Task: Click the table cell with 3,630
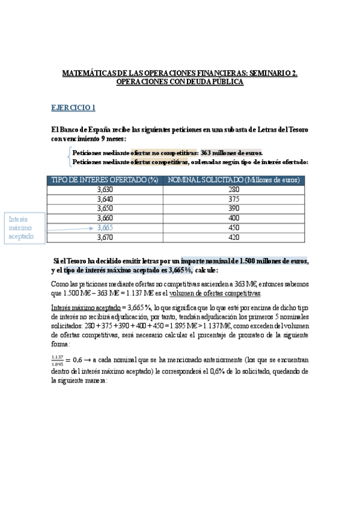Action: [105, 189]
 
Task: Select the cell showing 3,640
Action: [105, 199]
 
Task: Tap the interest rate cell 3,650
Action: [105, 209]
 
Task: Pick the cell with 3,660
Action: [105, 218]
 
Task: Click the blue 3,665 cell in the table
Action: [105, 228]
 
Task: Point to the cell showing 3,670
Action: [105, 238]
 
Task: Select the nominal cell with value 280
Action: [234, 189]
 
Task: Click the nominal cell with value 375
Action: [234, 199]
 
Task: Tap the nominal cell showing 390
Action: [234, 209]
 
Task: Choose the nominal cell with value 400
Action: [234, 218]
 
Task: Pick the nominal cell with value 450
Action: [234, 228]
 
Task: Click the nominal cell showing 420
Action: [234, 238]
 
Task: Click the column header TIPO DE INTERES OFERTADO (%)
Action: [105, 180]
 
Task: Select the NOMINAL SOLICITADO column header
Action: [234, 180]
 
